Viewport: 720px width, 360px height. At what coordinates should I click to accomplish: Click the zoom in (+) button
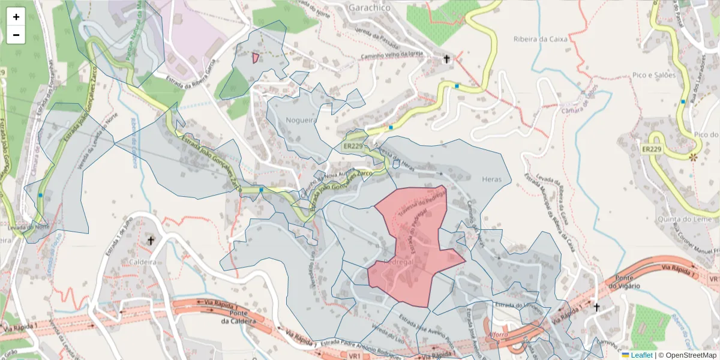16,17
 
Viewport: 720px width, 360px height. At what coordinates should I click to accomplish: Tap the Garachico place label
368,8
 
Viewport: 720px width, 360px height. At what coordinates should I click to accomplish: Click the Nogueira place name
301,120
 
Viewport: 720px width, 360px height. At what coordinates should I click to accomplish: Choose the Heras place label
491,178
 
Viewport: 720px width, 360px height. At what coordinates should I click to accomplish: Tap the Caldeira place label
142,262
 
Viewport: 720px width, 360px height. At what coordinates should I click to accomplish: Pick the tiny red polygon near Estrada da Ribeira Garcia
256,58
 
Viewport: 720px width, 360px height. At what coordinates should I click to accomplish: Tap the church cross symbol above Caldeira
151,241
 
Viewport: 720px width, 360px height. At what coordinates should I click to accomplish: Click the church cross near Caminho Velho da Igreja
446,59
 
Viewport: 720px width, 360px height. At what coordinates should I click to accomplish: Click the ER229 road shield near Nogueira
353,146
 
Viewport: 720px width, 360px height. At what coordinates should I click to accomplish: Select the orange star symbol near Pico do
694,157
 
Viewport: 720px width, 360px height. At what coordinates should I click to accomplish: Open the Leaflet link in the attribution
641,355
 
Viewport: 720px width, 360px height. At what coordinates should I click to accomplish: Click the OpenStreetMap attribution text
687,355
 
